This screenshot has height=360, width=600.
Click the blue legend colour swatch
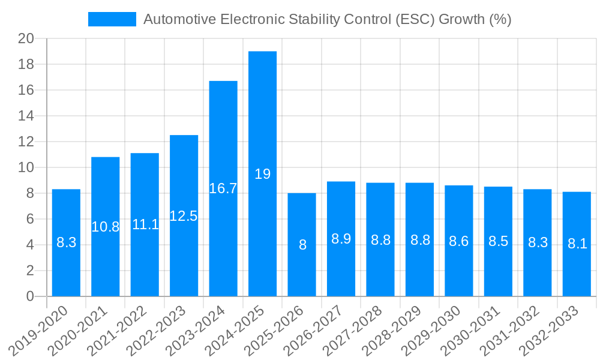click(x=112, y=19)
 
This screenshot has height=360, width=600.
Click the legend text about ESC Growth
click(x=327, y=19)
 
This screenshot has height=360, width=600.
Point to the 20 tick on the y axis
click(x=26, y=39)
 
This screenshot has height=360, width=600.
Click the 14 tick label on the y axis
click(x=26, y=116)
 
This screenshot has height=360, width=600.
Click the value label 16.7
click(x=223, y=188)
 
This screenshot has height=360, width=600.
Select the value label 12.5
click(x=184, y=216)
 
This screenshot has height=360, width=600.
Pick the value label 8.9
click(x=341, y=239)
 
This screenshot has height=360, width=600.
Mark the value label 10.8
click(x=105, y=227)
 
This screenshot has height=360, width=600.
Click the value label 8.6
click(x=458, y=241)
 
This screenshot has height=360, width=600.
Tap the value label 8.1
click(x=577, y=244)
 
